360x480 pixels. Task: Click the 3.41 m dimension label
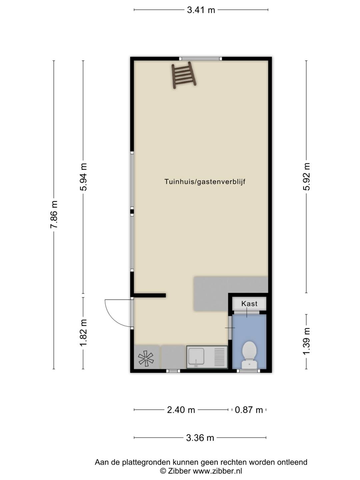[201, 10]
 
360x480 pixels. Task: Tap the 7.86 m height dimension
[54, 215]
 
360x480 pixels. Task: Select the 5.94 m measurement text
[83, 177]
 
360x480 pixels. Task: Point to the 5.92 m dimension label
[306, 177]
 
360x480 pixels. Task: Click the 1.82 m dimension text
[83, 333]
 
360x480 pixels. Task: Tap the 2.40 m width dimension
[181, 410]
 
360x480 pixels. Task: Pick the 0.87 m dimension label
[249, 410]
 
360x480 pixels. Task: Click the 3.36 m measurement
[200, 438]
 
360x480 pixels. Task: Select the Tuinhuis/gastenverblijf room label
[205, 182]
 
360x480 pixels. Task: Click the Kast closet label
[249, 304]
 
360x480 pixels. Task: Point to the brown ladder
[184, 75]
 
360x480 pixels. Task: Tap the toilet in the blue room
[249, 355]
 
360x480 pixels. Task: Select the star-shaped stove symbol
[146, 359]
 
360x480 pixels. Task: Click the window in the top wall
[201, 59]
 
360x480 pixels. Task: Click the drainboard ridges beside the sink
[219, 357]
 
